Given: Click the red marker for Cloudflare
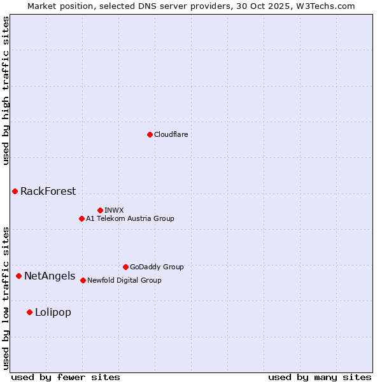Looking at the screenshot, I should pos(150,134).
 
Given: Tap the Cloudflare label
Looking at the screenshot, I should pos(171,134).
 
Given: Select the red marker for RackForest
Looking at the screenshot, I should pos(15,191).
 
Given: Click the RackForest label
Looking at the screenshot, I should pos(48,191).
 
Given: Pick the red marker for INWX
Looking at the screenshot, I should pos(100,210).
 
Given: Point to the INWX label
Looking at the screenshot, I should pos(115,210).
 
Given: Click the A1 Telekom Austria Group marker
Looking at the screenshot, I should pos(81,218).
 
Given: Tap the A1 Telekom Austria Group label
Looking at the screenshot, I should pos(130,218).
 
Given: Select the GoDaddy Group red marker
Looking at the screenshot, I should pos(125,267).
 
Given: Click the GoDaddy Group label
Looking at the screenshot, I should pos(157,267).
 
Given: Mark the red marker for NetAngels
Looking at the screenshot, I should pos(18,276).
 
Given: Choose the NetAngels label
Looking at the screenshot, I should pos(50,276).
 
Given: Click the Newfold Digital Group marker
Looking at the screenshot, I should pos(83,280).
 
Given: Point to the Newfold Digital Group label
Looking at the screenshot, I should pos(124,280).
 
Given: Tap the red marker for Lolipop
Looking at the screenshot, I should pos(29,312).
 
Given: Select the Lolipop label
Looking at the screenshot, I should pos(53,312).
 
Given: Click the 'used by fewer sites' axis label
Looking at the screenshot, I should pos(66,377).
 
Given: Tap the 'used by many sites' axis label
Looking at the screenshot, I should pos(320,377).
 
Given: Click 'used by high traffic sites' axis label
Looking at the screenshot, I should pos(6,90).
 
